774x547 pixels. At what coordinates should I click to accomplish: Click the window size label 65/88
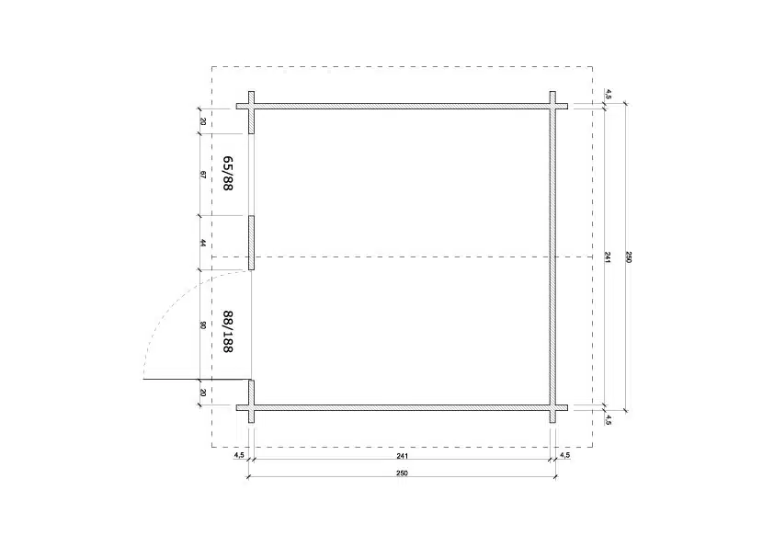(228, 173)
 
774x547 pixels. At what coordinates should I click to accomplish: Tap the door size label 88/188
(228, 331)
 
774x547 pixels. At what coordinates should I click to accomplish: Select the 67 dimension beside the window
(203, 175)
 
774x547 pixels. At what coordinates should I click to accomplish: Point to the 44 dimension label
(203, 243)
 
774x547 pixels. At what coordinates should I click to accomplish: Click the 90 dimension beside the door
(203, 325)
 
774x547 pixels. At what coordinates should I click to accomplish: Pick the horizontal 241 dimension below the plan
(403, 456)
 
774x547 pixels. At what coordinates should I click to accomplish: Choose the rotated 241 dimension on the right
(608, 257)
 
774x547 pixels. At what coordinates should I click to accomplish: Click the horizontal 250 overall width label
(403, 473)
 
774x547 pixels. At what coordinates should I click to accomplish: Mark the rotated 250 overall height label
(629, 257)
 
